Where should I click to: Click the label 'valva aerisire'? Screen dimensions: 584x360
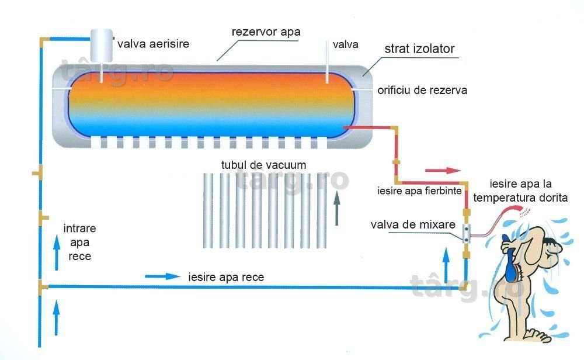pyautogui.click(x=153, y=44)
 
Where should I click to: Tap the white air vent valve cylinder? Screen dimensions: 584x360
pyautogui.click(x=101, y=46)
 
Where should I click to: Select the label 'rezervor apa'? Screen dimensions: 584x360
pyautogui.click(x=266, y=32)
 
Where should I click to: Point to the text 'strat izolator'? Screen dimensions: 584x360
pyautogui.click(x=419, y=49)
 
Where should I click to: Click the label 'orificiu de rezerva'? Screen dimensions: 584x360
pyautogui.click(x=422, y=90)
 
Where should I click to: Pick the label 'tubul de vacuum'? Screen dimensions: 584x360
pyautogui.click(x=264, y=165)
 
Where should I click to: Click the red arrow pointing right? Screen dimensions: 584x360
pyautogui.click(x=443, y=170)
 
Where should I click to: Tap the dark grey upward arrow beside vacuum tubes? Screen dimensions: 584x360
pyautogui.click(x=337, y=208)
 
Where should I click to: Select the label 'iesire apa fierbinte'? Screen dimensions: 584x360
pyautogui.click(x=419, y=191)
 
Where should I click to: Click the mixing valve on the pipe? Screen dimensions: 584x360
pyautogui.click(x=466, y=233)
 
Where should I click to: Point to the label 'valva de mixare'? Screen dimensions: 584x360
pyautogui.click(x=413, y=224)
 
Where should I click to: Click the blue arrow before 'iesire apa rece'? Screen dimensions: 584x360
pyautogui.click(x=162, y=276)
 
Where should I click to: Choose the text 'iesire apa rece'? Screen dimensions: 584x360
pyautogui.click(x=226, y=277)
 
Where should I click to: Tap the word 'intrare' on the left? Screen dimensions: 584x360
pyautogui.click(x=79, y=228)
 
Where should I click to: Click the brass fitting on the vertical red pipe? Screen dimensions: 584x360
pyautogui.click(x=395, y=162)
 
